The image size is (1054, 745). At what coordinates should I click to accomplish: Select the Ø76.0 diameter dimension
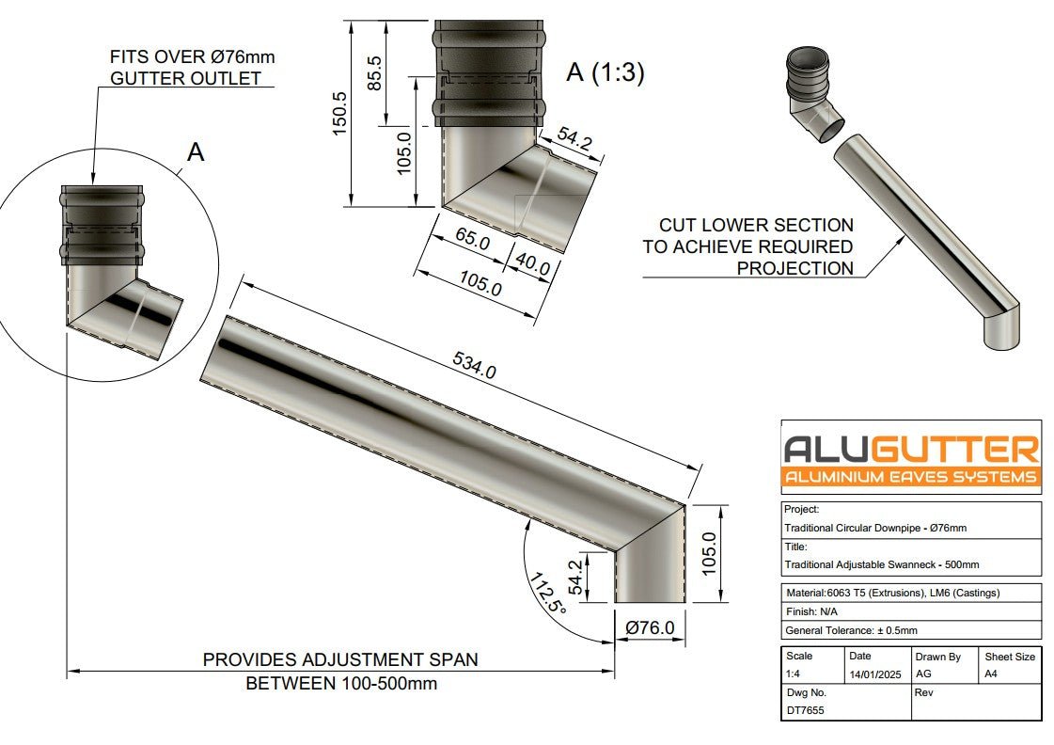[x=649, y=627]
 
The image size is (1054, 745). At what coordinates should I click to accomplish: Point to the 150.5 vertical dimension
[x=340, y=113]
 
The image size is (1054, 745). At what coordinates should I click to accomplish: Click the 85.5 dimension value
[x=374, y=71]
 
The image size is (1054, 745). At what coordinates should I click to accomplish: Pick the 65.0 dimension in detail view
[x=472, y=241]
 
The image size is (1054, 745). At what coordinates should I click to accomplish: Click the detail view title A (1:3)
[x=605, y=72]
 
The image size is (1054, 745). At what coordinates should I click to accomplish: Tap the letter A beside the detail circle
[x=196, y=152]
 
